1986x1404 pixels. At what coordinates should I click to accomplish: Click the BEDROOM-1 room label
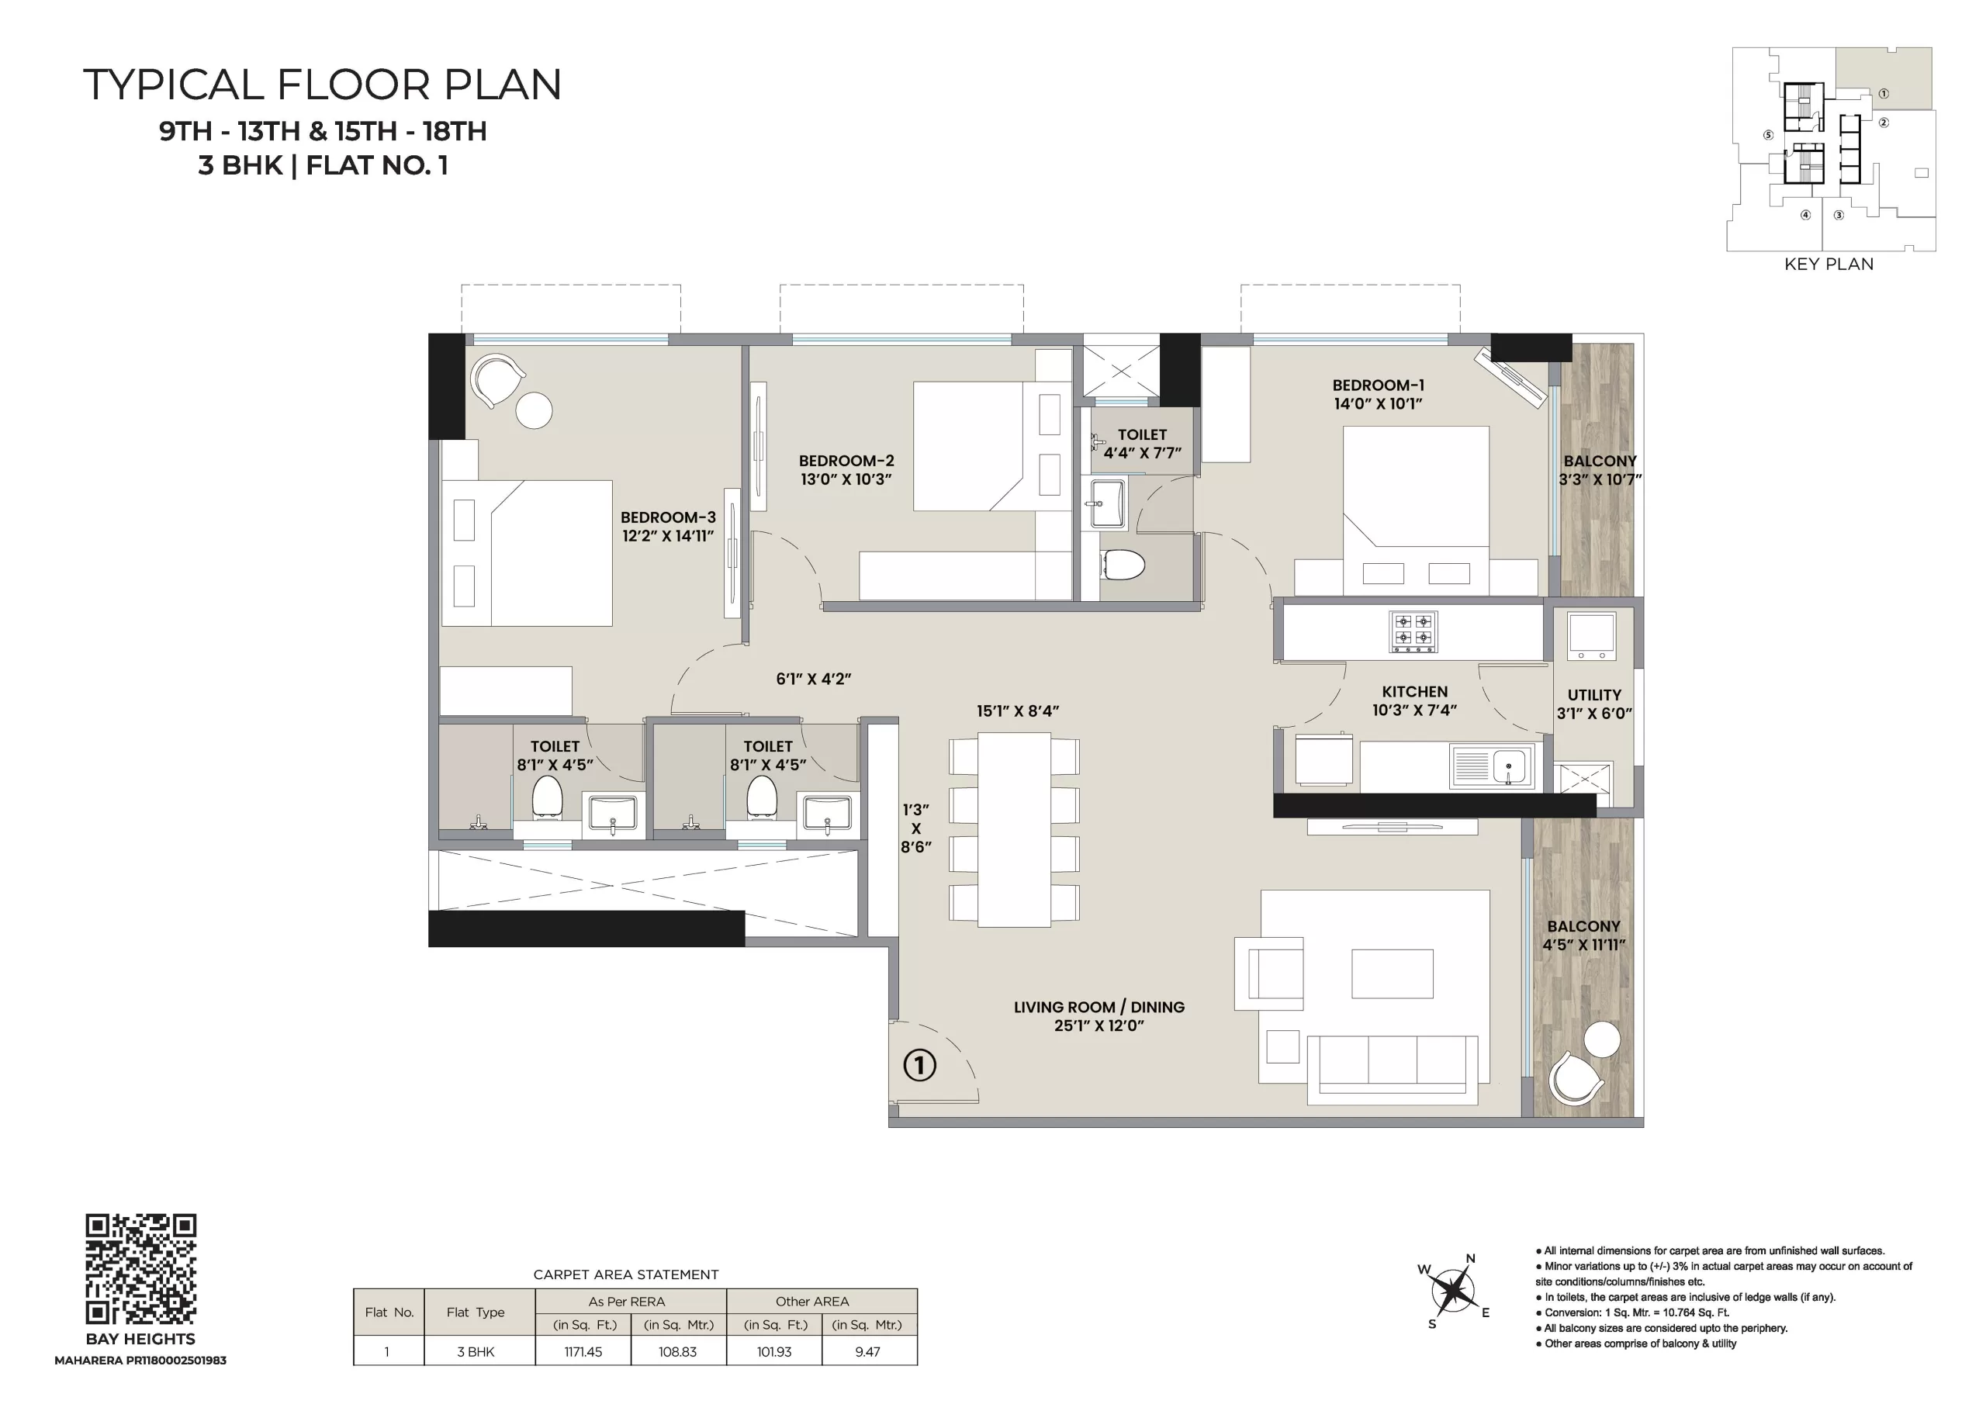click(1378, 385)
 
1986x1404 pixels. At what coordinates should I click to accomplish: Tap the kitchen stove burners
click(1413, 631)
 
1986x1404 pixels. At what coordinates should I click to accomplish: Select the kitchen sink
click(1490, 766)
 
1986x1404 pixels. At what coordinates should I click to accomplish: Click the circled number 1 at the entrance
click(919, 1065)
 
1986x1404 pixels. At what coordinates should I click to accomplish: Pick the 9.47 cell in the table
click(867, 1351)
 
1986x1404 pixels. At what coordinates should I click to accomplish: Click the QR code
click(141, 1269)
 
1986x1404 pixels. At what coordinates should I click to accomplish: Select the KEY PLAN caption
click(1829, 264)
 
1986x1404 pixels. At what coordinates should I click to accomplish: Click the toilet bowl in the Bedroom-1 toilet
click(1123, 565)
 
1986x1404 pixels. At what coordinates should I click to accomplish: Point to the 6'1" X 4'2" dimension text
click(813, 679)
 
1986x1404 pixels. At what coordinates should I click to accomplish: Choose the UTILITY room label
click(1594, 695)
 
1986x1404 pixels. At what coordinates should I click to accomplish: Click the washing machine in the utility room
click(1592, 637)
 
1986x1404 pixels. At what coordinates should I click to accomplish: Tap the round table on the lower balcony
click(1601, 1039)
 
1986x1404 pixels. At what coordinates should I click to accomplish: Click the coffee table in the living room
click(1392, 973)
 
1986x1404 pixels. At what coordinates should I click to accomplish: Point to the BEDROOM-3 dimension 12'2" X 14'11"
click(668, 535)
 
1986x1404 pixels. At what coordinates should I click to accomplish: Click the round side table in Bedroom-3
click(534, 410)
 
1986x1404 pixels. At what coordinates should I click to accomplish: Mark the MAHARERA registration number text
click(140, 1361)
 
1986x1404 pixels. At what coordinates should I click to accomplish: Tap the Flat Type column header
click(476, 1312)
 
